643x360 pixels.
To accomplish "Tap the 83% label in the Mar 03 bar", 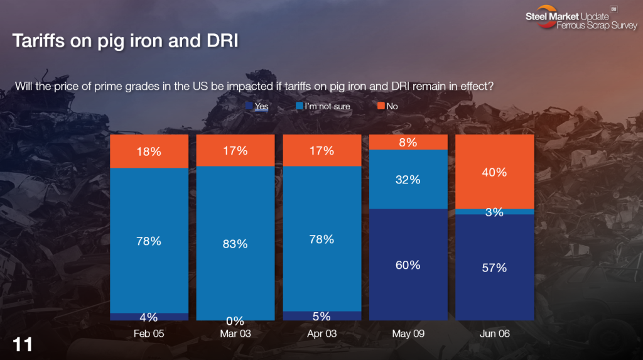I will coord(235,244).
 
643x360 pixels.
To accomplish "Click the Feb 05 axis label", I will coord(149,334).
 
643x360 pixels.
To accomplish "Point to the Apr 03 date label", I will coord(322,334).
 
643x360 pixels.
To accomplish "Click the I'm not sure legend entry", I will coord(327,106).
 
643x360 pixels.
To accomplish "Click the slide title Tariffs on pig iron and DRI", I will coord(126,41).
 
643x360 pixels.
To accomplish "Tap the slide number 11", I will coord(23,344).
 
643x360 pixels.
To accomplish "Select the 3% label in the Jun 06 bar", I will coord(494,212).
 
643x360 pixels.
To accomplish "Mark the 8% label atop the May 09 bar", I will coord(408,142).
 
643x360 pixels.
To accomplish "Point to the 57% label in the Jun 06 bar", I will coord(494,268).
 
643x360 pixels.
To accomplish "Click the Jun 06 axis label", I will coord(495,334).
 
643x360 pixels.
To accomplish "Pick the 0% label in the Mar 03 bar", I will coord(235,321).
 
